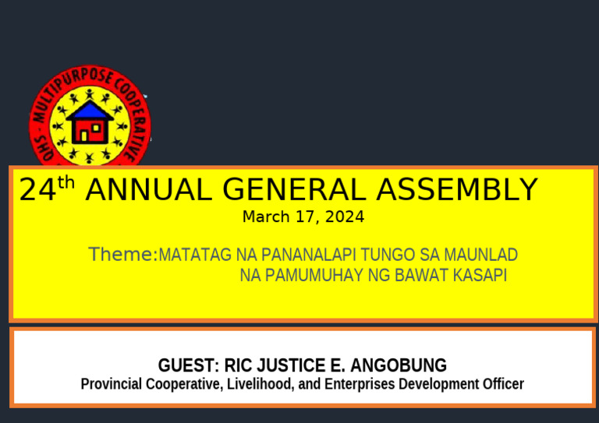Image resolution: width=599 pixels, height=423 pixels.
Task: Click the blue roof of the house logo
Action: pos(89,110)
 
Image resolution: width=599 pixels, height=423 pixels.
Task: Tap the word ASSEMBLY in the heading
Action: pos(457,191)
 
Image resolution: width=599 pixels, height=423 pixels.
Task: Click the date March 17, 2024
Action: pos(303,217)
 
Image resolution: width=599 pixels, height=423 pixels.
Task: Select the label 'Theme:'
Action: pos(122,255)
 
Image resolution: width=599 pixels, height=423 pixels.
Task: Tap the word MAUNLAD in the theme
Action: pos(484,256)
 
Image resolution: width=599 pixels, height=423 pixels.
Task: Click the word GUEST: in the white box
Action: pos(188,365)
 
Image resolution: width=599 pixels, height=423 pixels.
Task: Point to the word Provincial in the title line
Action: pos(112,384)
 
